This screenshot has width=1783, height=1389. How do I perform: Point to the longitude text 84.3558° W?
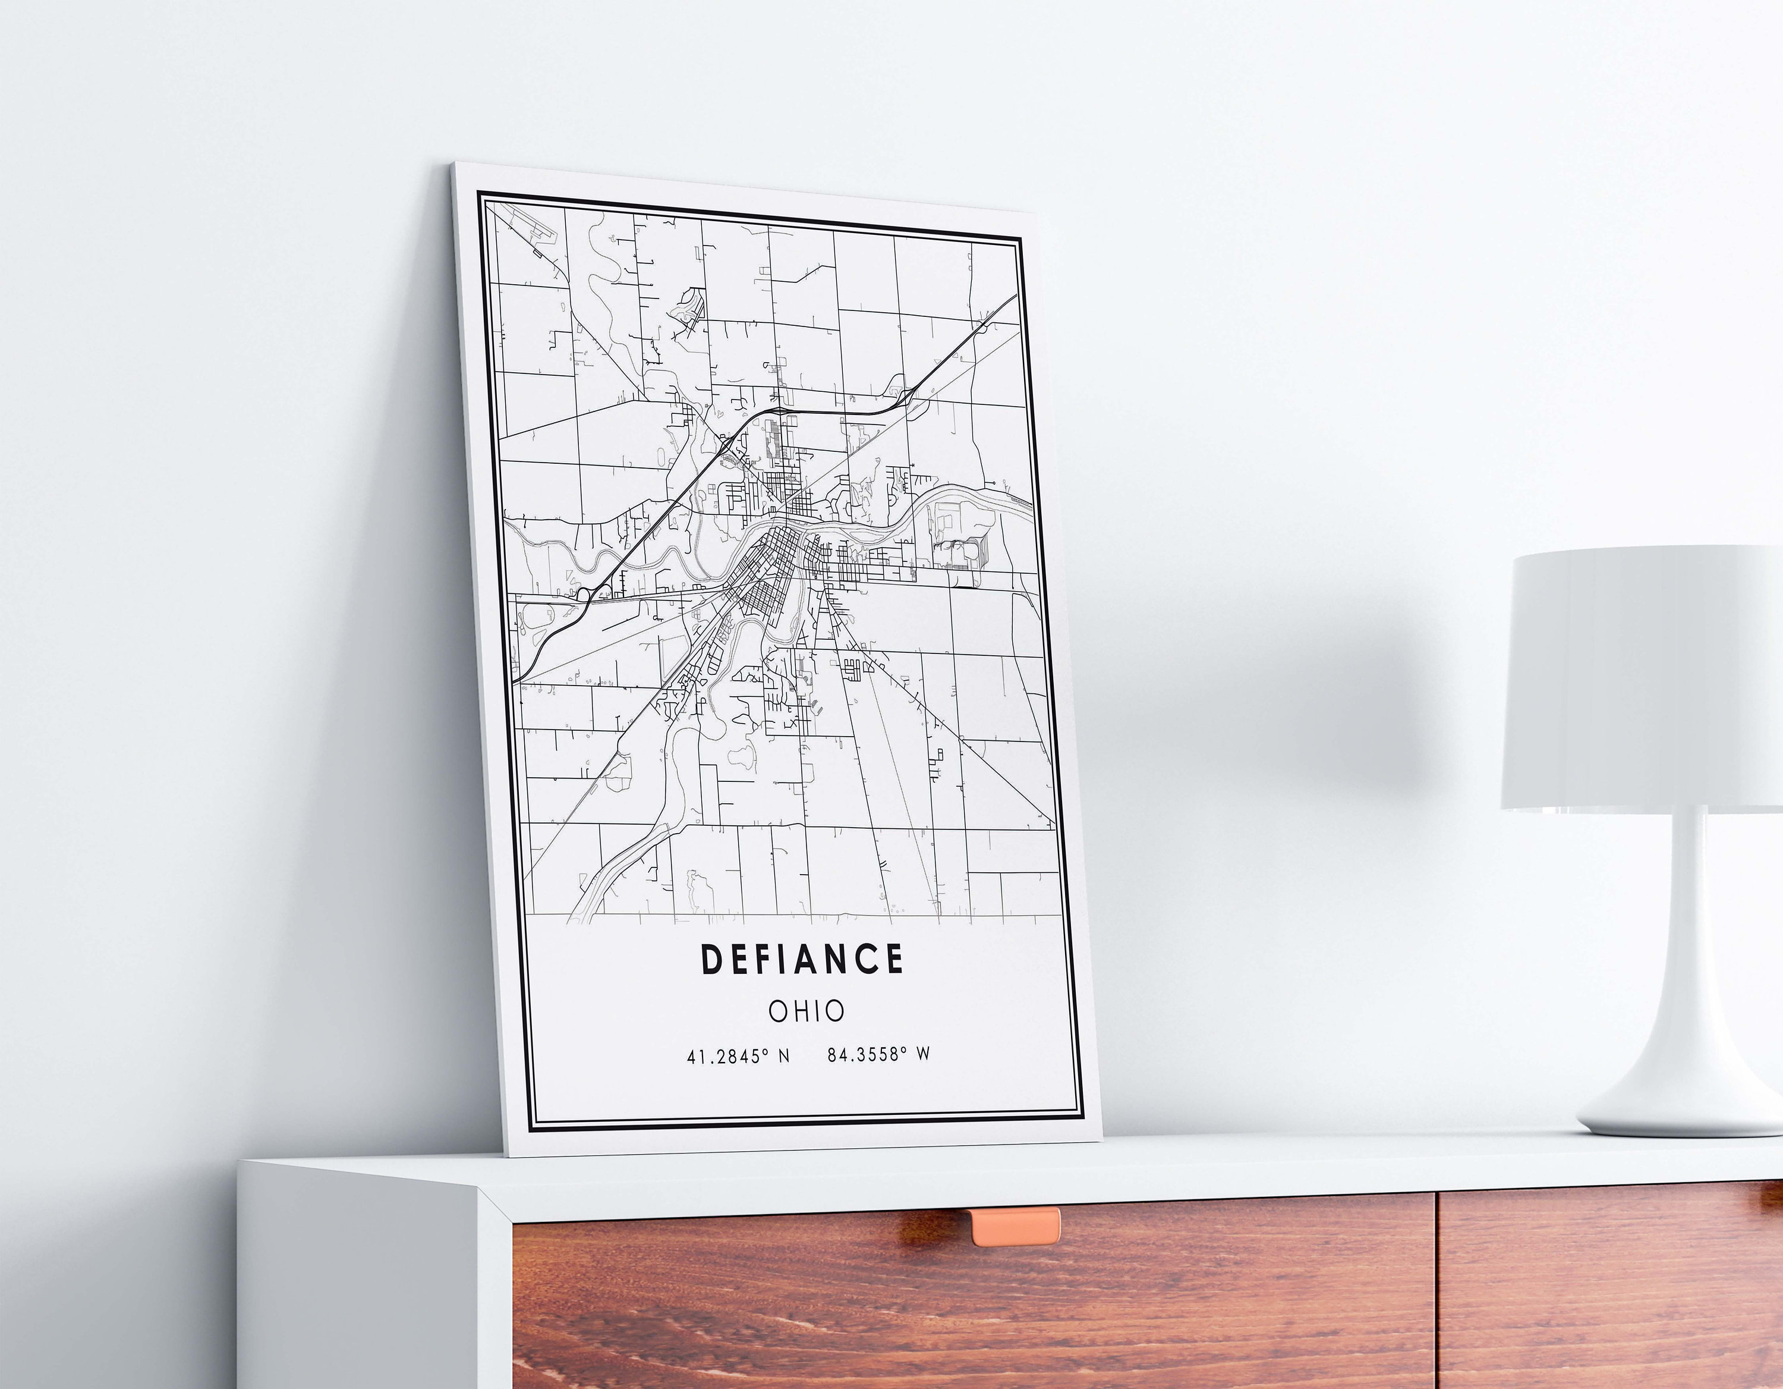(x=878, y=1054)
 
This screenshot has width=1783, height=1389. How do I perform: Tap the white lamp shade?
(x=1641, y=678)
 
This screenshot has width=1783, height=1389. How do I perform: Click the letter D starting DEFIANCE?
(x=711, y=960)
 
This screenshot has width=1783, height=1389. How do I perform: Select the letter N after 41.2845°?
(x=784, y=1056)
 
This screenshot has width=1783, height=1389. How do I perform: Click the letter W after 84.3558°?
(x=922, y=1054)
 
